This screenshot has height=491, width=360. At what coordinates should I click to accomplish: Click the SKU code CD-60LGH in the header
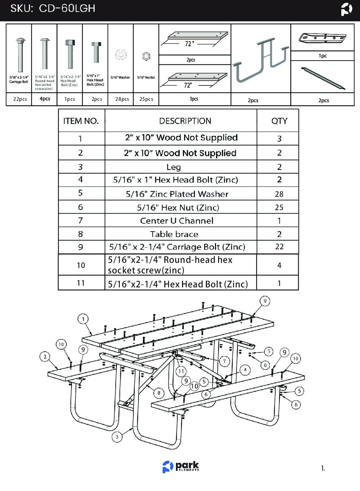(x=67, y=9)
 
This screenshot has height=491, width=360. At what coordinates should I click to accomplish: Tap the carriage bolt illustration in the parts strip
(x=20, y=54)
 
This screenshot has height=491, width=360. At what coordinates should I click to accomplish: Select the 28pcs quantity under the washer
(x=122, y=99)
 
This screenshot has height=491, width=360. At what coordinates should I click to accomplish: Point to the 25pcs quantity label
(x=146, y=99)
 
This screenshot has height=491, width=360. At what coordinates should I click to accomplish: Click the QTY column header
(x=279, y=121)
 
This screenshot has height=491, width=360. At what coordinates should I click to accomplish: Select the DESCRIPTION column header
(x=185, y=121)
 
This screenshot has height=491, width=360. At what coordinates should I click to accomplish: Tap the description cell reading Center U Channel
(x=177, y=221)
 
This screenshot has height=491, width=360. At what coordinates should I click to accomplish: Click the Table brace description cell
(x=174, y=234)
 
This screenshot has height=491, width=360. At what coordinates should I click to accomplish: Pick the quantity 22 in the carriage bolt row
(x=279, y=247)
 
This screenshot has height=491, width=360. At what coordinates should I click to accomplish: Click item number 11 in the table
(x=81, y=283)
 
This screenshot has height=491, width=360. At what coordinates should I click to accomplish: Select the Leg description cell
(x=174, y=167)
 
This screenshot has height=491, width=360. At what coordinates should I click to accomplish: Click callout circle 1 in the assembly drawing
(x=83, y=319)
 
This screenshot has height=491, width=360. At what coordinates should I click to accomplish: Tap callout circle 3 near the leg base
(x=117, y=437)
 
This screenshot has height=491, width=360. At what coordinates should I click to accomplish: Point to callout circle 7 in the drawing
(x=224, y=361)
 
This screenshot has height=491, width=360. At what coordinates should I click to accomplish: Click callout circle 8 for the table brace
(x=159, y=393)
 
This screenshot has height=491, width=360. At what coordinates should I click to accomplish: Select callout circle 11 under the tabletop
(x=181, y=371)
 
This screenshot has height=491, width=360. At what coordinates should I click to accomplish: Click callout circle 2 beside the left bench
(x=45, y=357)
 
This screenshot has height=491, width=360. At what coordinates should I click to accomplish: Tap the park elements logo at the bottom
(x=181, y=466)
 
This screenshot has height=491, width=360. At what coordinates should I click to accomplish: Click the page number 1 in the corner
(x=323, y=469)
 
